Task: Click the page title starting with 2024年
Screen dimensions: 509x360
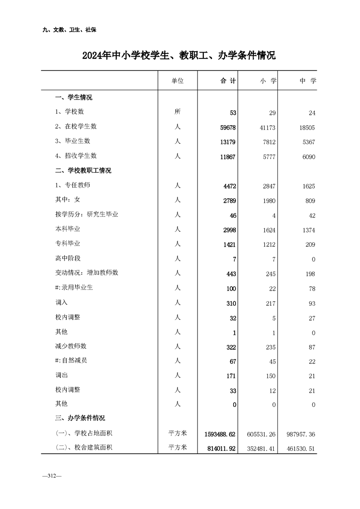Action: (x=179, y=56)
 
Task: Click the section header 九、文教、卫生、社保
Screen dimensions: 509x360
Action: (x=69, y=30)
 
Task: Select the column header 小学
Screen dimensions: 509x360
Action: (x=268, y=81)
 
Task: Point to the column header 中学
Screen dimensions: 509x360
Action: (x=307, y=81)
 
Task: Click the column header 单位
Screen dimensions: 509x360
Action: (x=178, y=81)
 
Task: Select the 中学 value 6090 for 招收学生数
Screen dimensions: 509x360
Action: (x=307, y=157)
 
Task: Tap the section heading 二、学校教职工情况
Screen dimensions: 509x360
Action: (x=83, y=171)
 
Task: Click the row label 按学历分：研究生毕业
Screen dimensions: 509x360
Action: (x=87, y=215)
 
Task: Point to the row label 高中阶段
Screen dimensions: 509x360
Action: (x=68, y=259)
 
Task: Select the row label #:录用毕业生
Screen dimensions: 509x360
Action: (x=74, y=288)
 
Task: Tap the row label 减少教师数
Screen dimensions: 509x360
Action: (x=71, y=347)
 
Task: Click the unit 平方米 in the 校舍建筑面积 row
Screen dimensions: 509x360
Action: (x=178, y=448)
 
